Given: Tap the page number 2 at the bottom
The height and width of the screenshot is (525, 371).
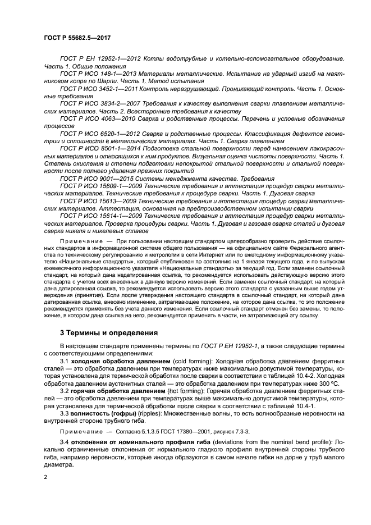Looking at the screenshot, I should (45, 477).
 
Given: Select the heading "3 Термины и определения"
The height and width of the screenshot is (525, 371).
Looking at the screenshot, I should (109, 332).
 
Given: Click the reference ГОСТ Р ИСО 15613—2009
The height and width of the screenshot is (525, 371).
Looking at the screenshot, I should (100, 200).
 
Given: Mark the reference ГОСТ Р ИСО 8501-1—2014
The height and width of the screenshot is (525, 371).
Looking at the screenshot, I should (102, 148).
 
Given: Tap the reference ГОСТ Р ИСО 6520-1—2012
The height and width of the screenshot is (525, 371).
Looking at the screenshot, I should (102, 133).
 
